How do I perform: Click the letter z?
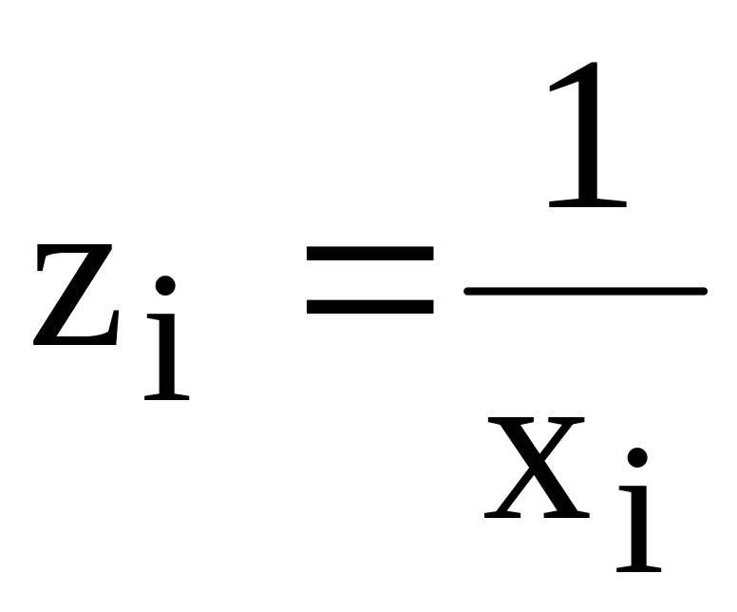point(76,295)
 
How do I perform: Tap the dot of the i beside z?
point(166,285)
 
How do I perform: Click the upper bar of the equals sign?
point(369,255)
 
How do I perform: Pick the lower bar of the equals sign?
point(369,306)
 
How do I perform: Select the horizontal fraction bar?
point(584,291)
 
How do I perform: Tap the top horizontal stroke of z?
point(76,251)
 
